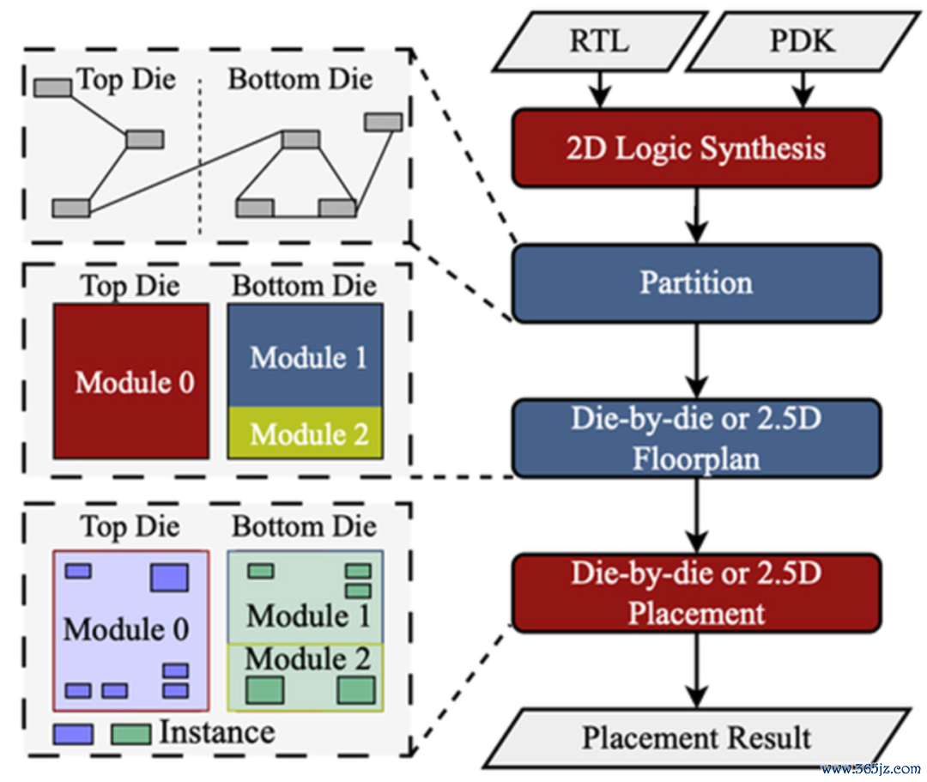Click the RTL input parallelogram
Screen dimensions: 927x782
(x=600, y=41)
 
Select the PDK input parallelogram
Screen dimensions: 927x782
(x=803, y=41)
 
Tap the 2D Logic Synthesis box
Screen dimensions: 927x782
(x=696, y=148)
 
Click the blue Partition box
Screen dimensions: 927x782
(x=696, y=283)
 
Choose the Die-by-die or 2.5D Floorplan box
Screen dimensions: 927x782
(x=696, y=438)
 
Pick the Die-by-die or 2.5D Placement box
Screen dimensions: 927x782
(x=696, y=593)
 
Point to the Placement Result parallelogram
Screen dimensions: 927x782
(x=696, y=737)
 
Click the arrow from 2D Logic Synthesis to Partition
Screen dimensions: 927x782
(x=697, y=215)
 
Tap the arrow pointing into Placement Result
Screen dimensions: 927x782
(x=697, y=670)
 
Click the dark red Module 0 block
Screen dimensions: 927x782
(x=130, y=381)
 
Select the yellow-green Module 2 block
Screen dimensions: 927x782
(x=305, y=433)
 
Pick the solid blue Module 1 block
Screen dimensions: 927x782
(x=305, y=355)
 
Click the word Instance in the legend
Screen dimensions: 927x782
(x=217, y=732)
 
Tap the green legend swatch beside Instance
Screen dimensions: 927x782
(x=130, y=735)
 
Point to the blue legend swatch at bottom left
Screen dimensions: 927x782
(x=73, y=735)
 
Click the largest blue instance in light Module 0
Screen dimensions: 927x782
(x=169, y=578)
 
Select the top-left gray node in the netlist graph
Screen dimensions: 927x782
(x=52, y=88)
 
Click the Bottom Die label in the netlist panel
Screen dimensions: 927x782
(x=300, y=79)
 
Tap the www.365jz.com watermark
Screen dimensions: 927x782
(x=871, y=769)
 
